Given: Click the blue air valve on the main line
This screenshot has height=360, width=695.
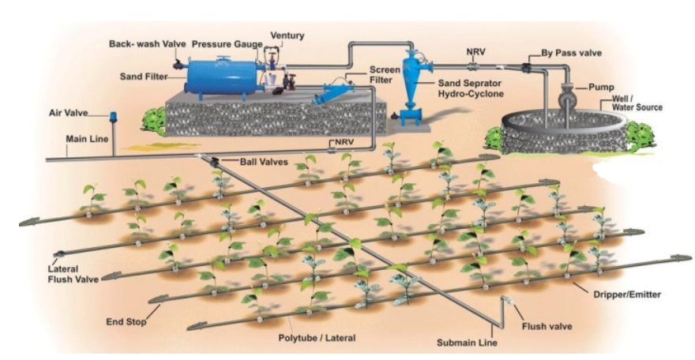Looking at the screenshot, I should [x=113, y=116].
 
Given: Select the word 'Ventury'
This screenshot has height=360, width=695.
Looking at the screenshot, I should [x=287, y=36].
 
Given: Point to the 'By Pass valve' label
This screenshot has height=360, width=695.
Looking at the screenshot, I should [x=572, y=53].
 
